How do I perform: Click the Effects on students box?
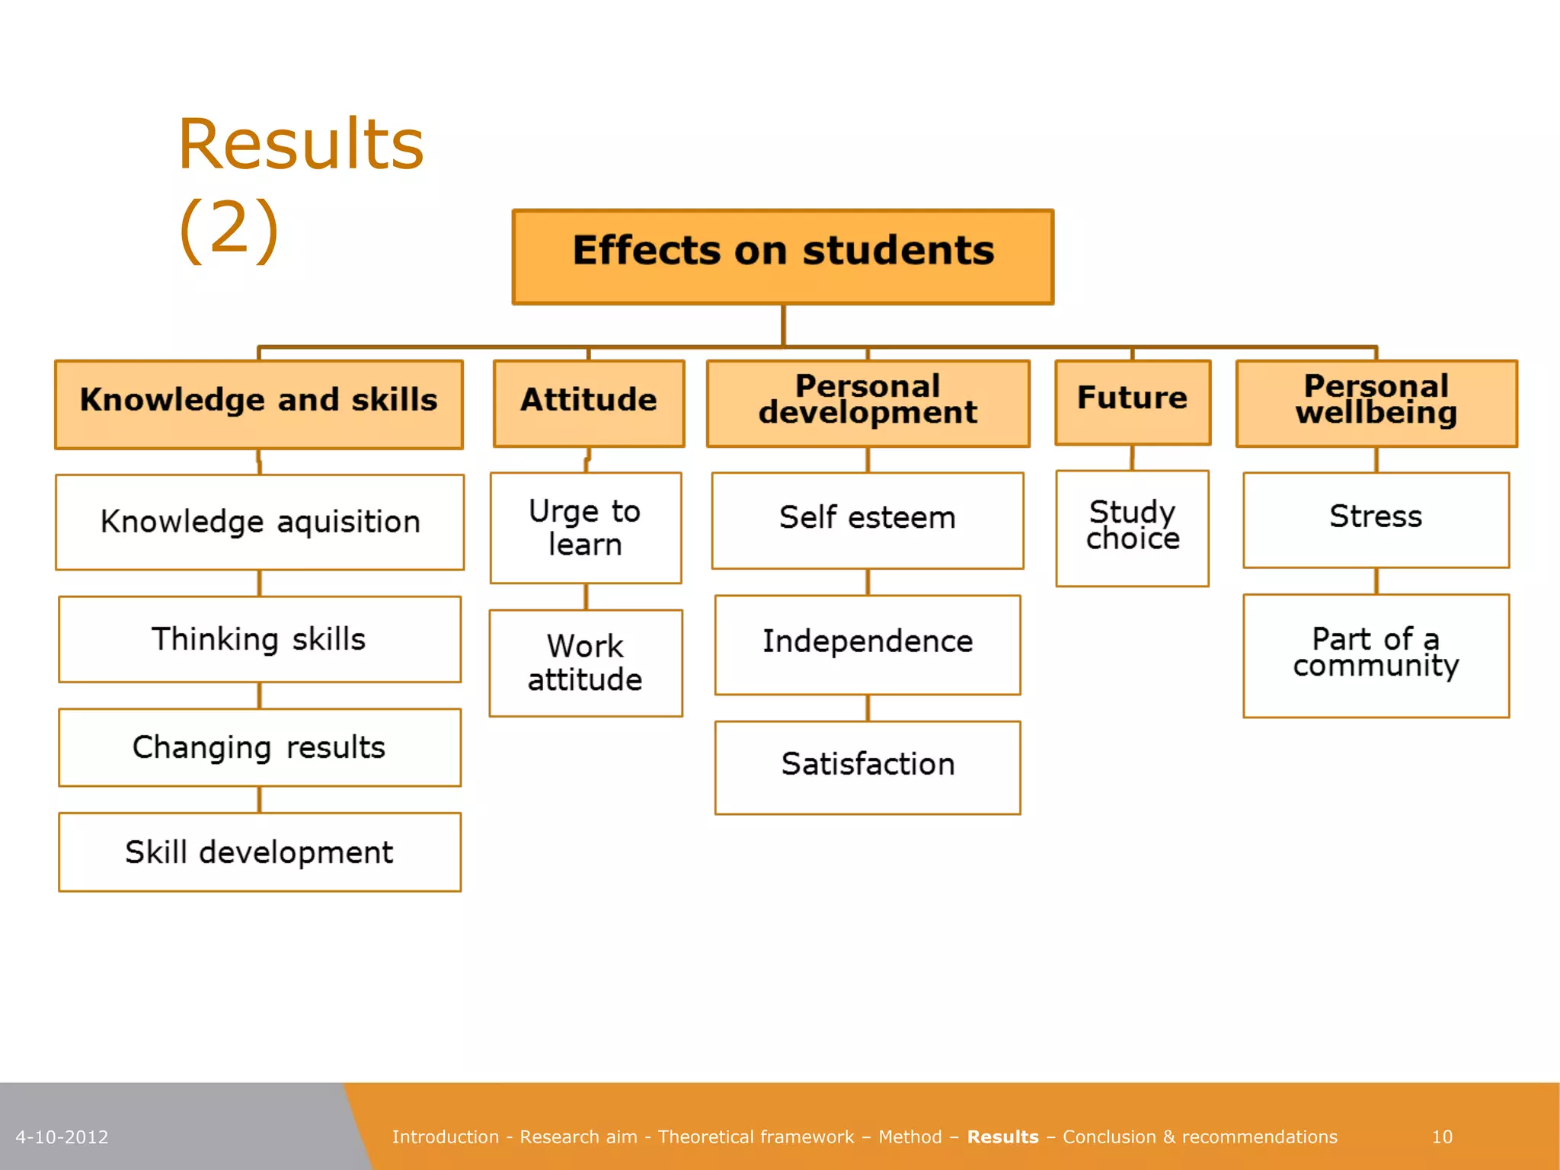(x=783, y=257)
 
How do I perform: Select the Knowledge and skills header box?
(x=259, y=404)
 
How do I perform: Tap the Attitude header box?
(x=589, y=403)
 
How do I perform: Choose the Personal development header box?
(x=868, y=403)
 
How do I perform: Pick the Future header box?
(x=1133, y=401)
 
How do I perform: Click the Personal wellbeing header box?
(x=1376, y=403)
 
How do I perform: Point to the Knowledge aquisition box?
(x=260, y=522)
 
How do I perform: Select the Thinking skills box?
(x=260, y=639)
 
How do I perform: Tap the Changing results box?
(x=260, y=747)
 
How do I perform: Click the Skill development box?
(x=260, y=852)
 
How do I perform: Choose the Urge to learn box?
(x=585, y=528)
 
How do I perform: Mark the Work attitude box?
(x=585, y=663)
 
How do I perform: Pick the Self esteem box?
(x=868, y=520)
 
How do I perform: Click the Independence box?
(x=868, y=644)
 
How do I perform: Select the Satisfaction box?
(x=868, y=767)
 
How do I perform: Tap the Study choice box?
(x=1133, y=528)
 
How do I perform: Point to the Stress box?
(x=1376, y=519)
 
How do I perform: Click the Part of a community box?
(x=1376, y=655)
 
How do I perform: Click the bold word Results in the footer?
(x=1002, y=1136)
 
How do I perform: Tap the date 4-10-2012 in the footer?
(x=62, y=1137)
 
